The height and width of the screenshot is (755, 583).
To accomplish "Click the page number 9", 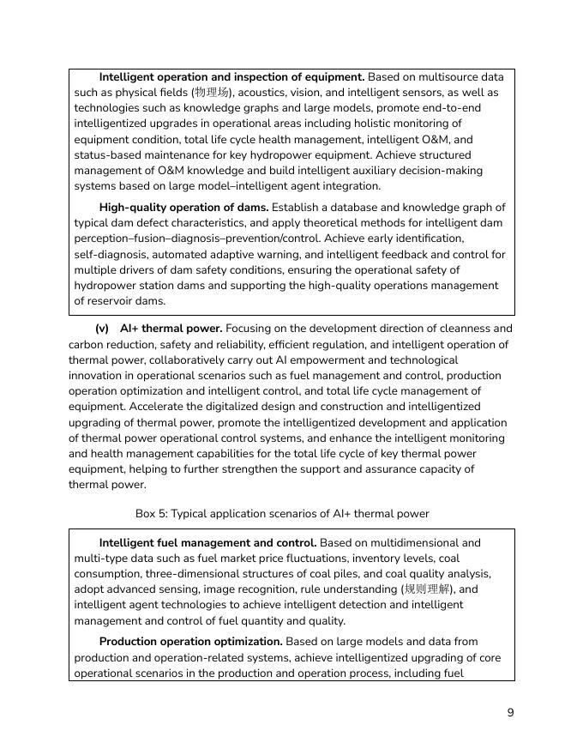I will coord(510,713).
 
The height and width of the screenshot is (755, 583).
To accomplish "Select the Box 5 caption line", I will coord(282,513).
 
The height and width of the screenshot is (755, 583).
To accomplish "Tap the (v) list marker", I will coord(102,329).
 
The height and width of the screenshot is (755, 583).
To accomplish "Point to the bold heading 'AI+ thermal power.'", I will coord(171,329).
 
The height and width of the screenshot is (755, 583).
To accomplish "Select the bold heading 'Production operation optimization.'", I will coord(190,642).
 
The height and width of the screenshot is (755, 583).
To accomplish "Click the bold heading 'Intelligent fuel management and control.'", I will coord(207,543).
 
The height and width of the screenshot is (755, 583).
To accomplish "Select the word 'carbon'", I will coord(88,345).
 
